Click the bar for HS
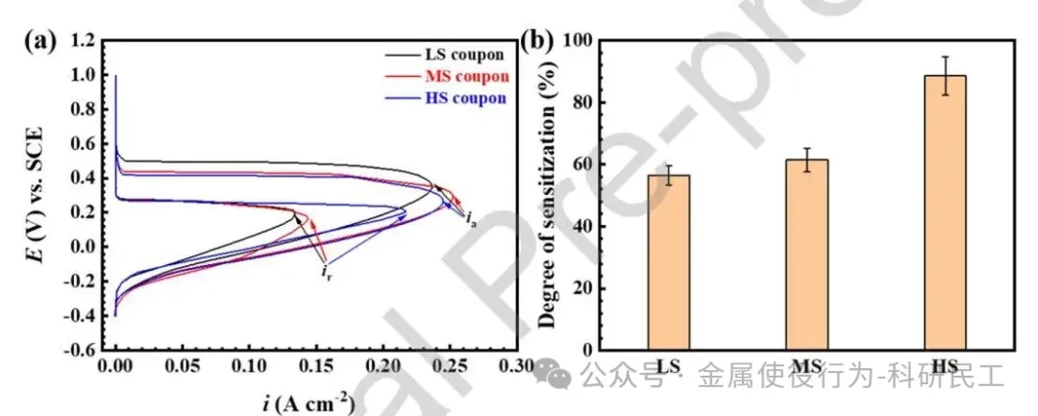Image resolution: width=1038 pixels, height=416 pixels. (x=946, y=212)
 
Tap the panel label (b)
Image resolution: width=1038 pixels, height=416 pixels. (x=536, y=43)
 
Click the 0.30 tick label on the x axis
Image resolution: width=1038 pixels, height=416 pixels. (x=515, y=367)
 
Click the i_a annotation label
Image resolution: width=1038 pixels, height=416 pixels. (x=471, y=220)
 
